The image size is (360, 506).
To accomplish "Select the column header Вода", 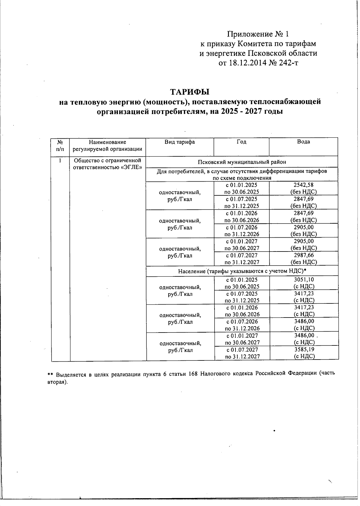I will click(303, 142).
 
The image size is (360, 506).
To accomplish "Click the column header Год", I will click(241, 142).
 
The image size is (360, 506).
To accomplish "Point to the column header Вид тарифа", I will click(179, 142).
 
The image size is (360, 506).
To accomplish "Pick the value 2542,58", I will click(304, 185).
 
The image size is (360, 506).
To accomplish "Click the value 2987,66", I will click(304, 255).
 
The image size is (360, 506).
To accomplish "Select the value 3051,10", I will click(304, 279).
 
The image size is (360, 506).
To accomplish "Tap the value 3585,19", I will click(304, 349).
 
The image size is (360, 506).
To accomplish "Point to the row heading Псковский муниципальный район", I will click(242, 162).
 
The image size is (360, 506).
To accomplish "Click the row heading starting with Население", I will click(242, 271).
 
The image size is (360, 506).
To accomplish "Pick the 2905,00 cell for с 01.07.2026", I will click(304, 227).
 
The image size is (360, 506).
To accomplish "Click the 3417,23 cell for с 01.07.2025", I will click(304, 294).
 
